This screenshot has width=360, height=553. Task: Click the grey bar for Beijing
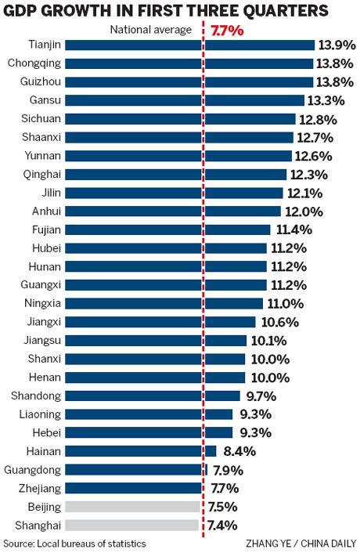point(132,507)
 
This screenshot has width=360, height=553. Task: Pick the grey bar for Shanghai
point(132,525)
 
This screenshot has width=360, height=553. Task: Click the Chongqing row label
point(33,63)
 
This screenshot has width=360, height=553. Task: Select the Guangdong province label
point(31,470)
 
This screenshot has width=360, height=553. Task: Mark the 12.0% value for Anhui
point(304,211)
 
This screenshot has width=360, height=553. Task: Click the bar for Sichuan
point(180,119)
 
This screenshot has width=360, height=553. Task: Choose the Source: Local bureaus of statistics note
point(74,543)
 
